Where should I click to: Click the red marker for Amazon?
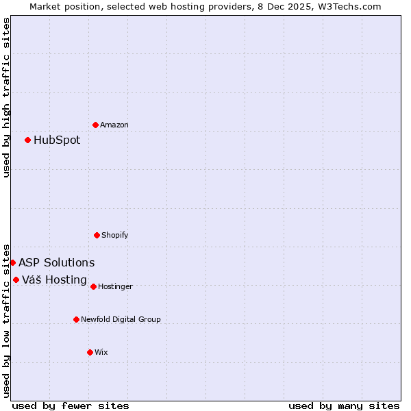96,125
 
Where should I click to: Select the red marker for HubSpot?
27,140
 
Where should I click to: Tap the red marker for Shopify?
97,235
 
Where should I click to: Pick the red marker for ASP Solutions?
12,262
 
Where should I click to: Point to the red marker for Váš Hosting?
16,279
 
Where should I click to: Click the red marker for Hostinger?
93,286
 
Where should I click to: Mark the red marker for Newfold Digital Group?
76,319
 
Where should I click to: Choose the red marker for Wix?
90,352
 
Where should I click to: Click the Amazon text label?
114,125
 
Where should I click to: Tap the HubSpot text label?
57,140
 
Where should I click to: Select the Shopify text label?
115,235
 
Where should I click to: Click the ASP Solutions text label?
57,263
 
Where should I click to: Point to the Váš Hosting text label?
54,280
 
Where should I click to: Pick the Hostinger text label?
115,286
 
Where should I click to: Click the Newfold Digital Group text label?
121,319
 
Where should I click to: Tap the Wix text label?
101,352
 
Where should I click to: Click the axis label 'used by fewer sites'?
71,406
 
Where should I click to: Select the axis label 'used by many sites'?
344,406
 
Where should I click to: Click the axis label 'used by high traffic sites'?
6,97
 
